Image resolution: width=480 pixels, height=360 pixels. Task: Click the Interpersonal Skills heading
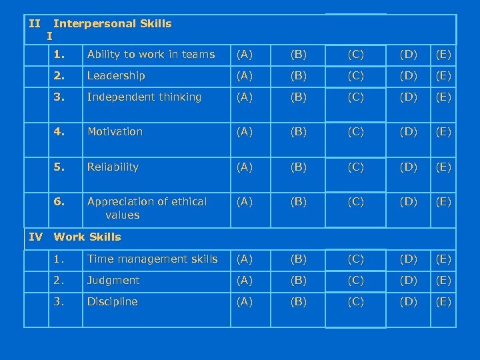[x=112, y=24]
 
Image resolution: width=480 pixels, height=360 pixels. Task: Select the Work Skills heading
[x=87, y=237]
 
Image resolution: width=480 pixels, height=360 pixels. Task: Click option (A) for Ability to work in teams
[x=246, y=55]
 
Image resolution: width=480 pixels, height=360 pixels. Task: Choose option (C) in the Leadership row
[x=355, y=76]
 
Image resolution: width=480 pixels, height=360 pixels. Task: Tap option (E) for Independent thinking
[x=443, y=97]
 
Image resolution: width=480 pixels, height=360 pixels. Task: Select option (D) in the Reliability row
[x=409, y=167]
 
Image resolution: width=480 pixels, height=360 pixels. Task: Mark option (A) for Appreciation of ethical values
[x=246, y=201]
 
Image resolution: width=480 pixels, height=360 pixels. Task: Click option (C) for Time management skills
[x=355, y=259]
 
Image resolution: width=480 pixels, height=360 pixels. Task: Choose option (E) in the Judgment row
[x=443, y=281]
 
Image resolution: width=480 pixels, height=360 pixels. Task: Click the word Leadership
[x=116, y=76]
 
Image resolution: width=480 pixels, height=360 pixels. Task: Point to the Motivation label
[x=115, y=132]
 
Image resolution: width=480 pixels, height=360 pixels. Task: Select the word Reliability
[x=113, y=167]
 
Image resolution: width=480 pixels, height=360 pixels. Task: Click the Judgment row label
[x=113, y=281]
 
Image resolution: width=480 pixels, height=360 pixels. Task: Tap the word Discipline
[x=112, y=302]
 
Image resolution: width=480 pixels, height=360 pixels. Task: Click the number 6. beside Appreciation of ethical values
[x=60, y=201]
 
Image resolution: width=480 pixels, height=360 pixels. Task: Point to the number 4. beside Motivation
[x=60, y=132]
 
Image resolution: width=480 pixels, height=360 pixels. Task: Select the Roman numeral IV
[x=36, y=237]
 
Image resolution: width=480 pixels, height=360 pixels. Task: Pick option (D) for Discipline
[x=409, y=302]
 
